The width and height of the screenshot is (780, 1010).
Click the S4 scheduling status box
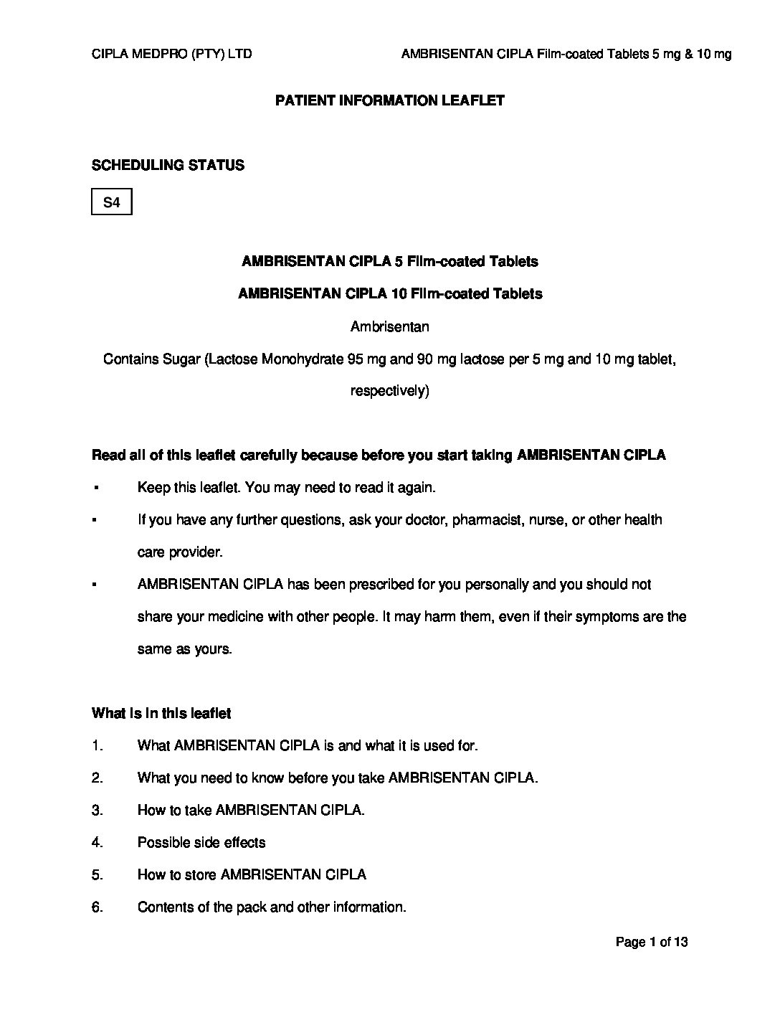click(x=112, y=202)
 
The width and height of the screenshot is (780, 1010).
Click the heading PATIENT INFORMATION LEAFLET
click(x=390, y=100)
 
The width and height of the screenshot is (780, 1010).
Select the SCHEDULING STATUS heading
click(x=168, y=165)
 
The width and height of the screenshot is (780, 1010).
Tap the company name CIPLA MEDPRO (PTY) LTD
click(x=172, y=54)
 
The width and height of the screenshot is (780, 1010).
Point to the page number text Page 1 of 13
click(x=652, y=942)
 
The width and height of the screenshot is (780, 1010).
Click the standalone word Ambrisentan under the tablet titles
click(x=390, y=326)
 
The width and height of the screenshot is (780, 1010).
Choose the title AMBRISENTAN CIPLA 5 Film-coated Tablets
click(x=390, y=262)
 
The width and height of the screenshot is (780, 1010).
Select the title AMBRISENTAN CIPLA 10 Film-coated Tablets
click(x=390, y=294)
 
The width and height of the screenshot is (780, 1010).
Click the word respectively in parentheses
click(x=388, y=392)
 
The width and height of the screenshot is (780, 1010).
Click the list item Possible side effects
click(x=201, y=842)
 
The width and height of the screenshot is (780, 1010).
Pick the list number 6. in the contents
click(x=97, y=907)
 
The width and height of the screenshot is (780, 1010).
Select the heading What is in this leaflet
click(x=161, y=713)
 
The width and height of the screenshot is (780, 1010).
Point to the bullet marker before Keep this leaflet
click(x=95, y=489)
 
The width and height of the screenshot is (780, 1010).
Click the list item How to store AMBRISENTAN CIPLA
click(x=252, y=874)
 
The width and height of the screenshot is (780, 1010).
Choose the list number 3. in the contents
click(x=97, y=810)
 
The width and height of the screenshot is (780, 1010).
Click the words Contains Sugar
click(x=151, y=359)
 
